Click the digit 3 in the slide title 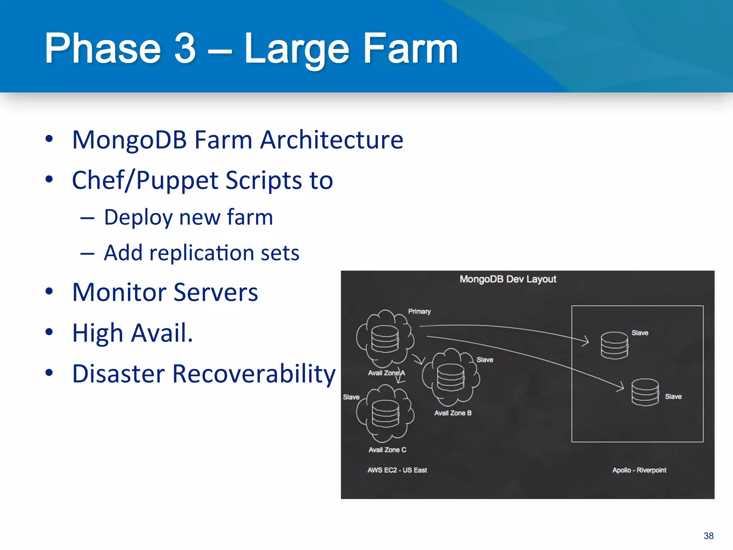pos(185,48)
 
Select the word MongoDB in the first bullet pos(130,140)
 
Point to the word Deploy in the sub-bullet pos(138,218)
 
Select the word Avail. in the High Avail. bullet pos(162,333)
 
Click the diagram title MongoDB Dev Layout pos(508,279)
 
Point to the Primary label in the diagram pos(419,312)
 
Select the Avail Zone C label pos(387,450)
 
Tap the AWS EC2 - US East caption pos(397,470)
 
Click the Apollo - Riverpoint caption pos(639,470)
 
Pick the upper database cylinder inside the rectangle pos(614,346)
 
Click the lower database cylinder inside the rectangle pos(645,392)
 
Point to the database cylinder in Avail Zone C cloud pos(385,414)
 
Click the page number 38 pos(708,536)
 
